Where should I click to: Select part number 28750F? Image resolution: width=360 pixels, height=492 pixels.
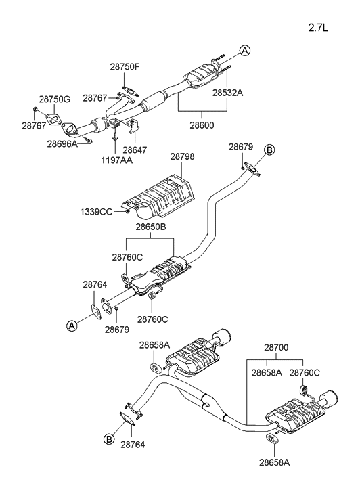pyautogui.click(x=125, y=67)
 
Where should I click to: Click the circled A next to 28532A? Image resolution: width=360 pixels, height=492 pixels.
pyautogui.click(x=244, y=50)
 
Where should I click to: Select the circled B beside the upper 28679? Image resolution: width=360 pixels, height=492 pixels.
pyautogui.click(x=269, y=150)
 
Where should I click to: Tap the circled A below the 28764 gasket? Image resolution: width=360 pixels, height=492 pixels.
pyautogui.click(x=72, y=326)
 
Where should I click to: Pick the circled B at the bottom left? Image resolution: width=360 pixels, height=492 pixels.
pyautogui.click(x=109, y=439)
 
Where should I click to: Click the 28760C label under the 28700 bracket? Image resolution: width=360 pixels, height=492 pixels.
pyautogui.click(x=304, y=372)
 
